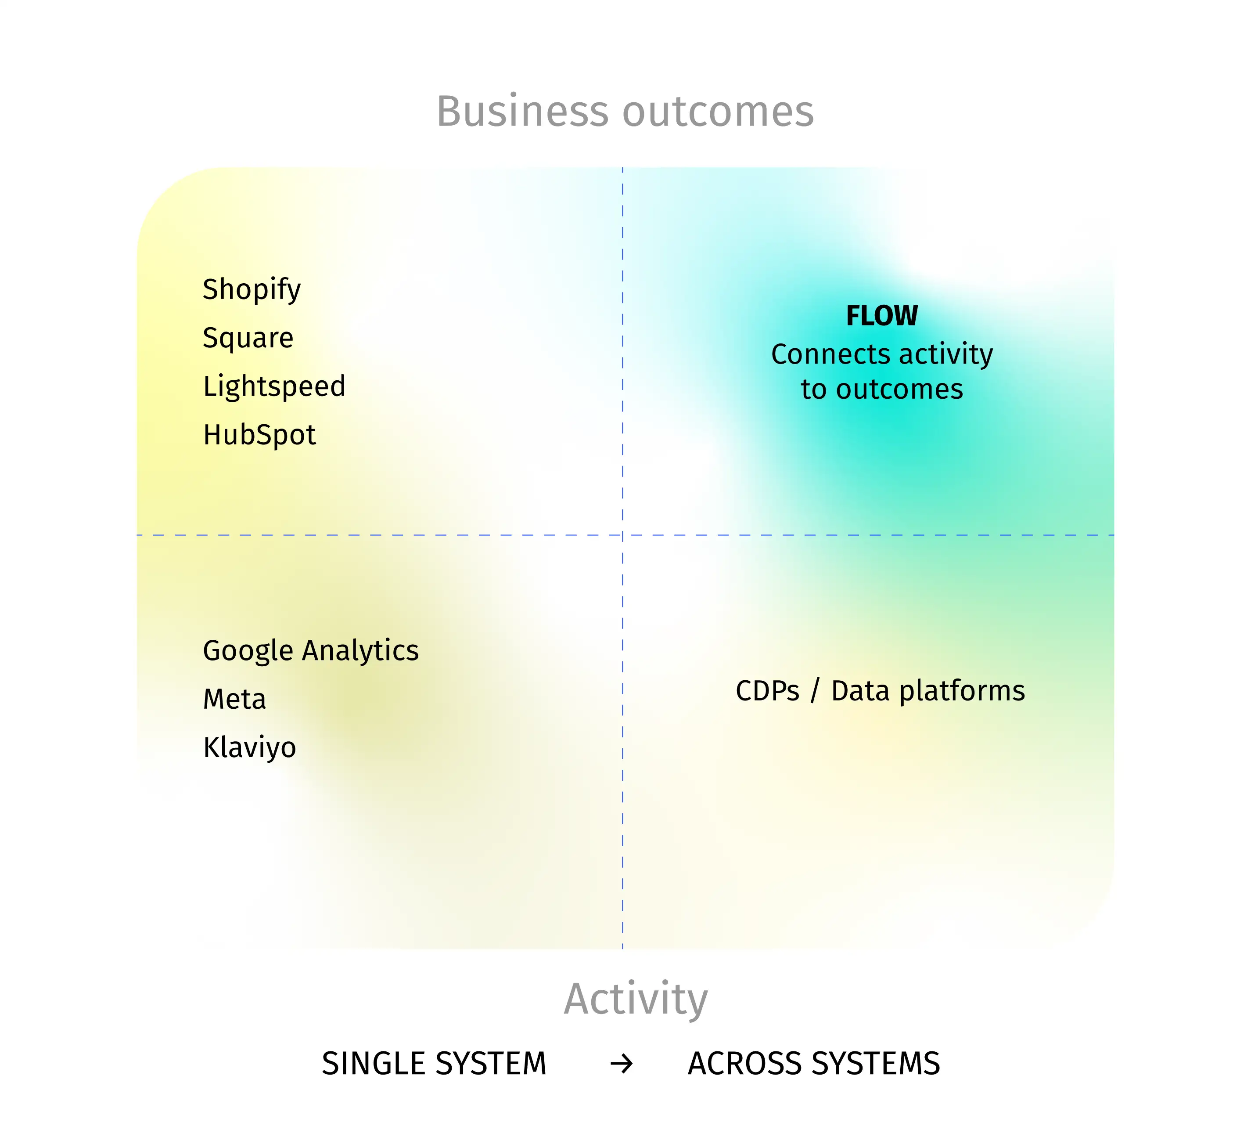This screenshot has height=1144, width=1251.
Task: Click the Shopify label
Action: point(252,290)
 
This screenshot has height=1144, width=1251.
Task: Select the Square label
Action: point(248,338)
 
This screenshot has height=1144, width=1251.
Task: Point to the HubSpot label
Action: point(259,434)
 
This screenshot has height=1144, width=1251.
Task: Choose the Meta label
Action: point(234,700)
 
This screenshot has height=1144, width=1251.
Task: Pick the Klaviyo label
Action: point(249,748)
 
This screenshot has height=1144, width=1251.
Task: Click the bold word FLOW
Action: point(882,316)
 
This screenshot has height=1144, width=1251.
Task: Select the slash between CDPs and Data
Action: point(815,691)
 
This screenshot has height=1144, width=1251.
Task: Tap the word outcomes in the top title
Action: point(718,113)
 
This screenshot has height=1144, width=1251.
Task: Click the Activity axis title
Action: point(636,1000)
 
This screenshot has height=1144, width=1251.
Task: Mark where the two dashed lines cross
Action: point(622,534)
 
